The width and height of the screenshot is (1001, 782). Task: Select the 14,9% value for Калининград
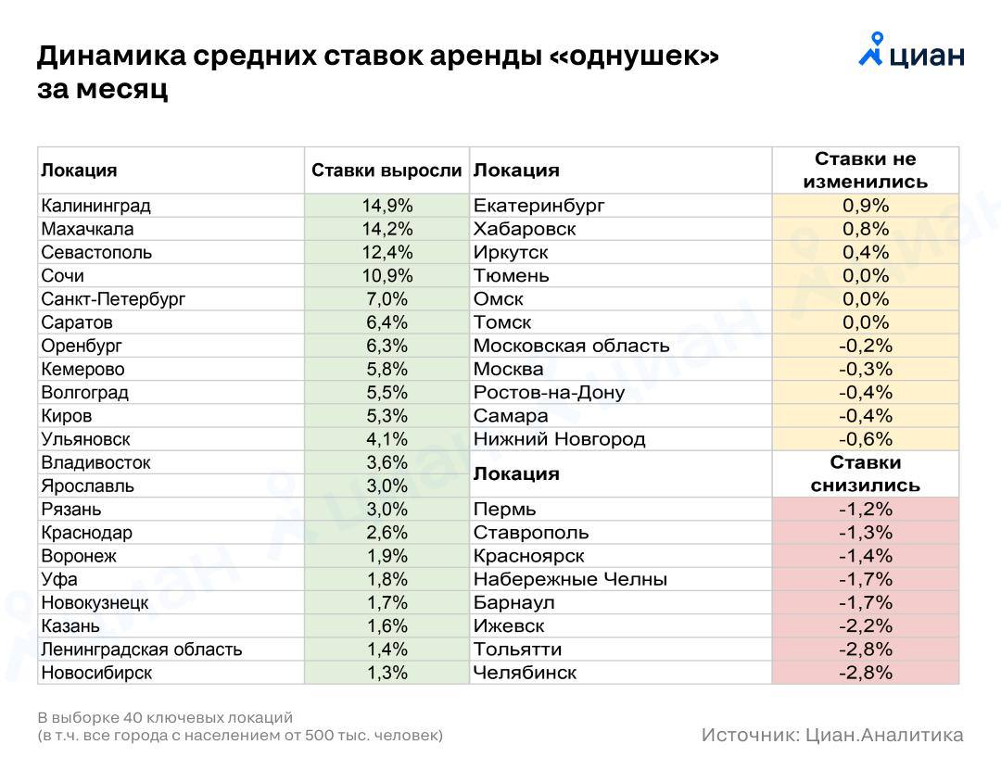coord(386,206)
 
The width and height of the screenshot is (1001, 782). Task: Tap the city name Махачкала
coord(87,229)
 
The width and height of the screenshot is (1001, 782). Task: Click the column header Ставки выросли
coord(386,170)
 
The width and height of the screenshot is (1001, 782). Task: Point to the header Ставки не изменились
coord(865,170)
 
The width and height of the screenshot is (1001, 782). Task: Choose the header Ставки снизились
coord(865,473)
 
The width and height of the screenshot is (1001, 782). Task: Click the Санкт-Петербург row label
coord(113,298)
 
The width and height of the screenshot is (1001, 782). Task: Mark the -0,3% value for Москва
coord(865,369)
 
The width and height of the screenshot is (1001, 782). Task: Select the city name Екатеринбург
coord(539,206)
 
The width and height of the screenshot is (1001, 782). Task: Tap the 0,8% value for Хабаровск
coord(865,229)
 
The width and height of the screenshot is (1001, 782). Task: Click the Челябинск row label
coord(525,673)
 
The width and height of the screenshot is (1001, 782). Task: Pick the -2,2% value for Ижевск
coord(865,625)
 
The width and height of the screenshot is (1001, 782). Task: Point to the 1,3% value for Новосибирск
coord(386,673)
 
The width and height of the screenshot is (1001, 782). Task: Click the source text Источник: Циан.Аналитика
coord(831,735)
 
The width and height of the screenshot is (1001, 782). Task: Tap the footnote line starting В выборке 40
coord(165,717)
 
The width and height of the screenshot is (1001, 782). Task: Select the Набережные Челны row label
coord(570,579)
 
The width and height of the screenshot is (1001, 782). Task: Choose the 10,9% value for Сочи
coord(386,275)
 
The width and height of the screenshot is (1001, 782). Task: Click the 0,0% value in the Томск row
coord(865,322)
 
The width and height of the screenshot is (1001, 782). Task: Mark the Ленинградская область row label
coord(142,650)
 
